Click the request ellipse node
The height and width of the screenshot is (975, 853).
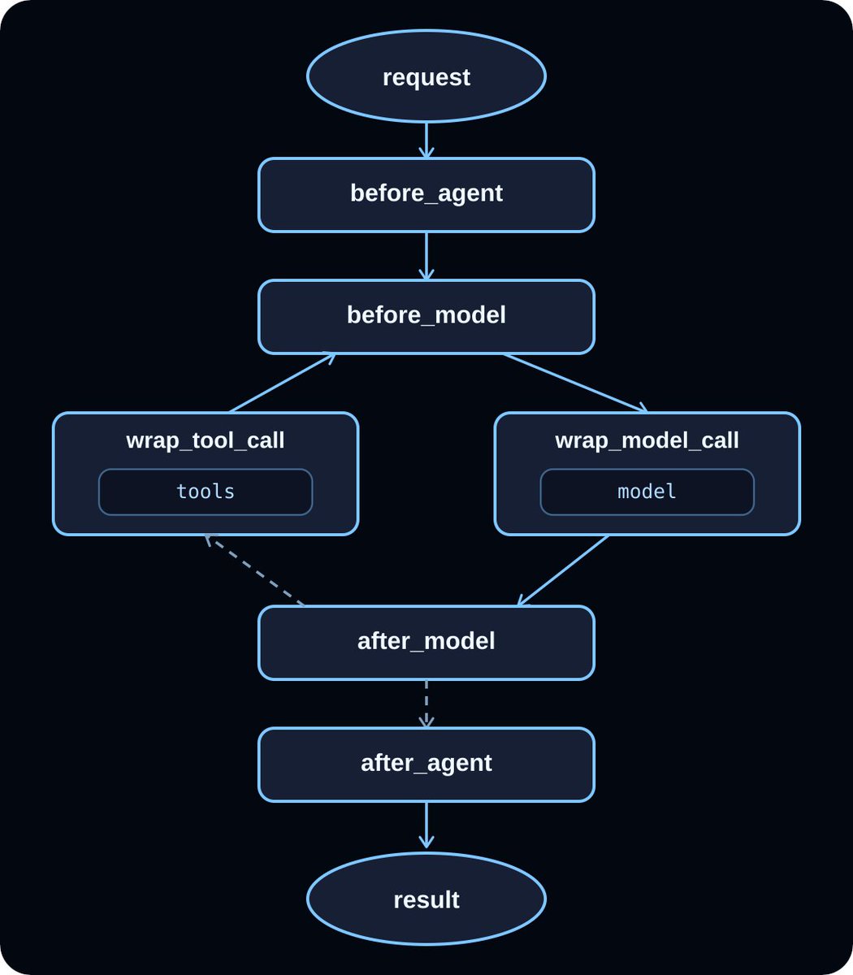(x=426, y=76)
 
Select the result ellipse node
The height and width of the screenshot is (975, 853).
(x=426, y=899)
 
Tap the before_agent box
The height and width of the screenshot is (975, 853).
(x=426, y=195)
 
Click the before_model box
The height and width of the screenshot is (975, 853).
(x=426, y=317)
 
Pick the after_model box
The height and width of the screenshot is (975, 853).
(x=426, y=643)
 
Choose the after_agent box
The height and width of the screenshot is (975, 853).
(x=426, y=765)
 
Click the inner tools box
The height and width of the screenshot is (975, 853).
(x=206, y=492)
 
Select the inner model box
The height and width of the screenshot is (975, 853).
(x=647, y=492)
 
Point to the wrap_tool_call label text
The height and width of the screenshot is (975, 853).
(x=206, y=440)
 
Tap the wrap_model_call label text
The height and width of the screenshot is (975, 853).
(x=647, y=440)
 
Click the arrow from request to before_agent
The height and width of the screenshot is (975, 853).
(x=426, y=140)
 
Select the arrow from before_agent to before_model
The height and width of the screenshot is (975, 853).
(x=426, y=256)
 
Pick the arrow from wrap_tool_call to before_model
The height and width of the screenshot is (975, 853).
(x=282, y=383)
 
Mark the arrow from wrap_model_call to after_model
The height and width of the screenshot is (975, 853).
(x=563, y=570)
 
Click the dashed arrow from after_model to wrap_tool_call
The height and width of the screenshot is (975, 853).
(x=255, y=570)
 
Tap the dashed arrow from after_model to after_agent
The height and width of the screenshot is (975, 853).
(x=426, y=704)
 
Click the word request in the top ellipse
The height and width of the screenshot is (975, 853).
(x=426, y=78)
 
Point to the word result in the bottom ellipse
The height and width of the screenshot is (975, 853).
(x=426, y=899)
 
